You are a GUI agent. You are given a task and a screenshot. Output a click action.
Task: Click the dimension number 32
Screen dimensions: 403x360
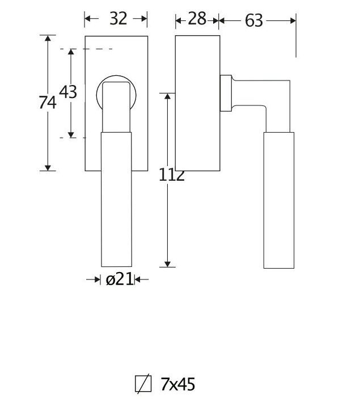(117, 19)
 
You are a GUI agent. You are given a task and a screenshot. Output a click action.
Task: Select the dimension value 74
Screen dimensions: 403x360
(48, 103)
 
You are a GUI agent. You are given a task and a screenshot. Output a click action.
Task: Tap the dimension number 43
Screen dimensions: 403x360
(68, 91)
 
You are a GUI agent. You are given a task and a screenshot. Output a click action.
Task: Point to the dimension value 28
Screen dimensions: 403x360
(197, 19)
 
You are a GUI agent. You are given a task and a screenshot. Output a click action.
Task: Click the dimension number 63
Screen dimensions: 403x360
(254, 21)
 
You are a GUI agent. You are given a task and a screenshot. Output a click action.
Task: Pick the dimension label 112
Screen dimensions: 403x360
(172, 175)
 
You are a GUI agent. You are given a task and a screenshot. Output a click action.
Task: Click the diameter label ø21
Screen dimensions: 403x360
(118, 279)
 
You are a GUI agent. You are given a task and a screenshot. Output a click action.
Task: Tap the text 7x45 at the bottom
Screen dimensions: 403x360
(177, 384)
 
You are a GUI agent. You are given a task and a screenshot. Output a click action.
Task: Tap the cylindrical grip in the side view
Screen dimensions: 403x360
(279, 200)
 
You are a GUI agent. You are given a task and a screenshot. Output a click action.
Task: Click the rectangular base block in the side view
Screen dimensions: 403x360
(197, 103)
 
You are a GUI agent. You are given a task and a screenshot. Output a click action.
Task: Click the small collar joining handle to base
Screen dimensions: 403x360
(225, 92)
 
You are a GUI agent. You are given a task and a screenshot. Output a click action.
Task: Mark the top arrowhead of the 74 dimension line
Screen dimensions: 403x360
(48, 39)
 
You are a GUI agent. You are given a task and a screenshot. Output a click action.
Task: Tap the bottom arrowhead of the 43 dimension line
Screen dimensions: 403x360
(71, 134)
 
